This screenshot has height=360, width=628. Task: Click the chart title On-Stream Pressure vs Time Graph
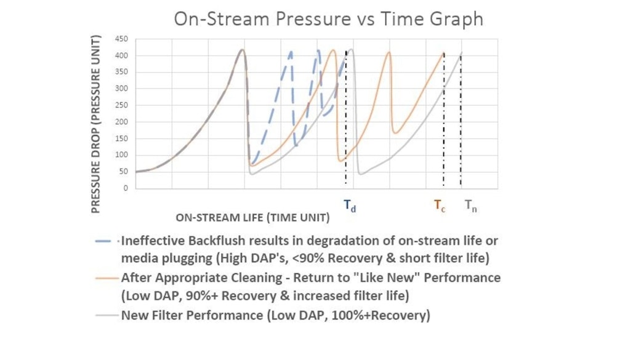pyautogui.click(x=328, y=18)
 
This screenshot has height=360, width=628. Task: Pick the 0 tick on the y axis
pyautogui.click(x=125, y=188)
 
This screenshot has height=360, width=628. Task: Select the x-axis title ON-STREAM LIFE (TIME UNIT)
pyautogui.click(x=252, y=217)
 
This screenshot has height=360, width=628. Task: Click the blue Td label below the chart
pyautogui.click(x=349, y=207)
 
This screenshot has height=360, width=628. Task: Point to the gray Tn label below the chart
pyautogui.click(x=470, y=206)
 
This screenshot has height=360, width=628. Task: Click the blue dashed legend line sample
pyautogui.click(x=107, y=241)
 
